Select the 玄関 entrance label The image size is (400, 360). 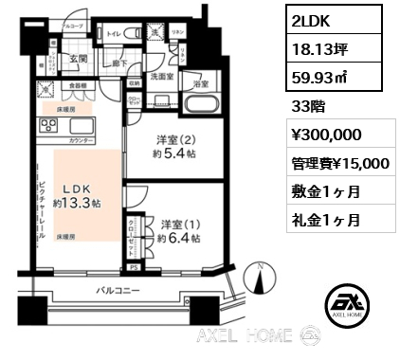78,61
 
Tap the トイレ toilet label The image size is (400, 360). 114,33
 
